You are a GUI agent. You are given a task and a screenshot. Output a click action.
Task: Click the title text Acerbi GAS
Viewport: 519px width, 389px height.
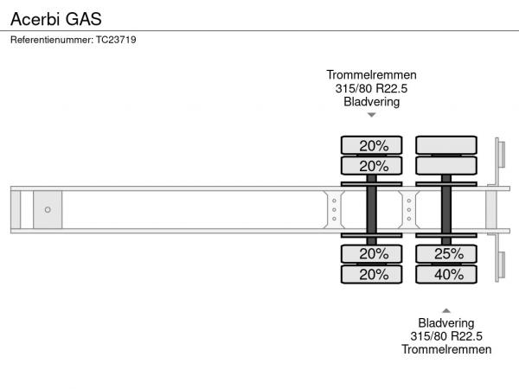coord(56,19)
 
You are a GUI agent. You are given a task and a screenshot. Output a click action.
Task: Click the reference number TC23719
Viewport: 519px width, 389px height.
coord(116,40)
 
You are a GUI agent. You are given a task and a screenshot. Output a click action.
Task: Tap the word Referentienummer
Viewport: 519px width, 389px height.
coord(52,40)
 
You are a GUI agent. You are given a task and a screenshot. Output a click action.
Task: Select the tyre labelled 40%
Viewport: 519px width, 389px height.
coord(446,274)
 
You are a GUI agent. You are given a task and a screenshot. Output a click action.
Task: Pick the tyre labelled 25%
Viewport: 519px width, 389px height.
coord(446,254)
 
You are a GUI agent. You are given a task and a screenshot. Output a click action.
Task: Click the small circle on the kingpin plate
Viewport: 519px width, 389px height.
coord(48,210)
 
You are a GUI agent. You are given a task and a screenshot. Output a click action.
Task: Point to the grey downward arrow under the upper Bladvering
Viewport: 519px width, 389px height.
coord(372,115)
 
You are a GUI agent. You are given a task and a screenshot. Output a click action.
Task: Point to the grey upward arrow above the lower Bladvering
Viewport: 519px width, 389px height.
coord(446,310)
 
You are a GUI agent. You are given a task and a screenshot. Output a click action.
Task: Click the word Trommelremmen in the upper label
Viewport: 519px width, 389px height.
coord(371,74)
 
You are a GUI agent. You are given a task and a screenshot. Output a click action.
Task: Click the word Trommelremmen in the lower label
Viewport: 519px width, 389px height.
coord(446,349)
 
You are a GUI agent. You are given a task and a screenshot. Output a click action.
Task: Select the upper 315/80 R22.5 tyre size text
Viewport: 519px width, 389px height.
coord(371,88)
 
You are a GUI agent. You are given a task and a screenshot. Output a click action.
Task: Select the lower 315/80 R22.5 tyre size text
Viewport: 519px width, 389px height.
coord(446,336)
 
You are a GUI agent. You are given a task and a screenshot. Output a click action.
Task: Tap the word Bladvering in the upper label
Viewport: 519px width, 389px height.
coord(371,101)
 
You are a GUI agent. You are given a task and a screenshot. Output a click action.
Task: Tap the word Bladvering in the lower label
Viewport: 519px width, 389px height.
coord(446,322)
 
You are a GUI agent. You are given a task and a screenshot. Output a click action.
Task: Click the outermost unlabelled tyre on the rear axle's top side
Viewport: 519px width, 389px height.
coord(446,145)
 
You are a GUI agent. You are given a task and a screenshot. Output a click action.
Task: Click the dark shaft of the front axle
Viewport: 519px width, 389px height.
coord(371,210)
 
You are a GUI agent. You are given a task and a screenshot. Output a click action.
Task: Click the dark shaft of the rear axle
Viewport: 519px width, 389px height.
coord(446,210)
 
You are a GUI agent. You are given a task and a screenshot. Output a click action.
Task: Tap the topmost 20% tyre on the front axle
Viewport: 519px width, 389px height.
coord(371,145)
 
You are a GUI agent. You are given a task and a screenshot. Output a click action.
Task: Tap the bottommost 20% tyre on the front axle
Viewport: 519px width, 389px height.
coord(371,274)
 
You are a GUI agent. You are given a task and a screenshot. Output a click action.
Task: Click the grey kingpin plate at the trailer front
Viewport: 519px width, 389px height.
coord(48,210)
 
